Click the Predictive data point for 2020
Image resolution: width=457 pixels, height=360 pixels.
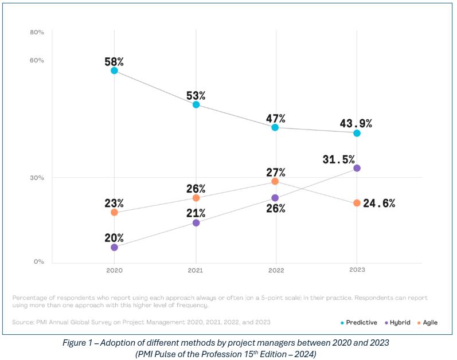(114, 71)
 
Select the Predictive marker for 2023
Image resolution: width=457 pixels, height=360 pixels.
(357, 133)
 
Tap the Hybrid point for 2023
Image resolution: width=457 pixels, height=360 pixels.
(357, 168)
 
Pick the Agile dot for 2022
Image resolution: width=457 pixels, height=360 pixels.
(275, 181)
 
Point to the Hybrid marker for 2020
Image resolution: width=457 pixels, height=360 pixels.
(114, 247)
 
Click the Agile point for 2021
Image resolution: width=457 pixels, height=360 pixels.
(196, 198)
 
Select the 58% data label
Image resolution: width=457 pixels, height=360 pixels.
(114, 60)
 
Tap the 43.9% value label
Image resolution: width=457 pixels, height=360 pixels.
(356, 123)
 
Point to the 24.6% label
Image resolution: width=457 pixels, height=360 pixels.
(379, 203)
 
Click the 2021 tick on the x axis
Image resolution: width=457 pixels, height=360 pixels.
(196, 269)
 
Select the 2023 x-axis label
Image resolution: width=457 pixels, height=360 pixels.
(357, 269)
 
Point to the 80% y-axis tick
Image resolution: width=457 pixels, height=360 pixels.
(37, 32)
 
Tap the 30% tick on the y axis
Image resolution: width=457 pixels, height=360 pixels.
(37, 178)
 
